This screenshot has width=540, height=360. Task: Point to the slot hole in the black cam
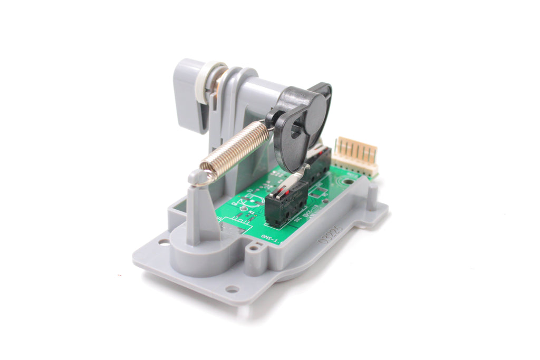point(297,129)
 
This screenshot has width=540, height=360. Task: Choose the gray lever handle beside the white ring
point(187,95)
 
